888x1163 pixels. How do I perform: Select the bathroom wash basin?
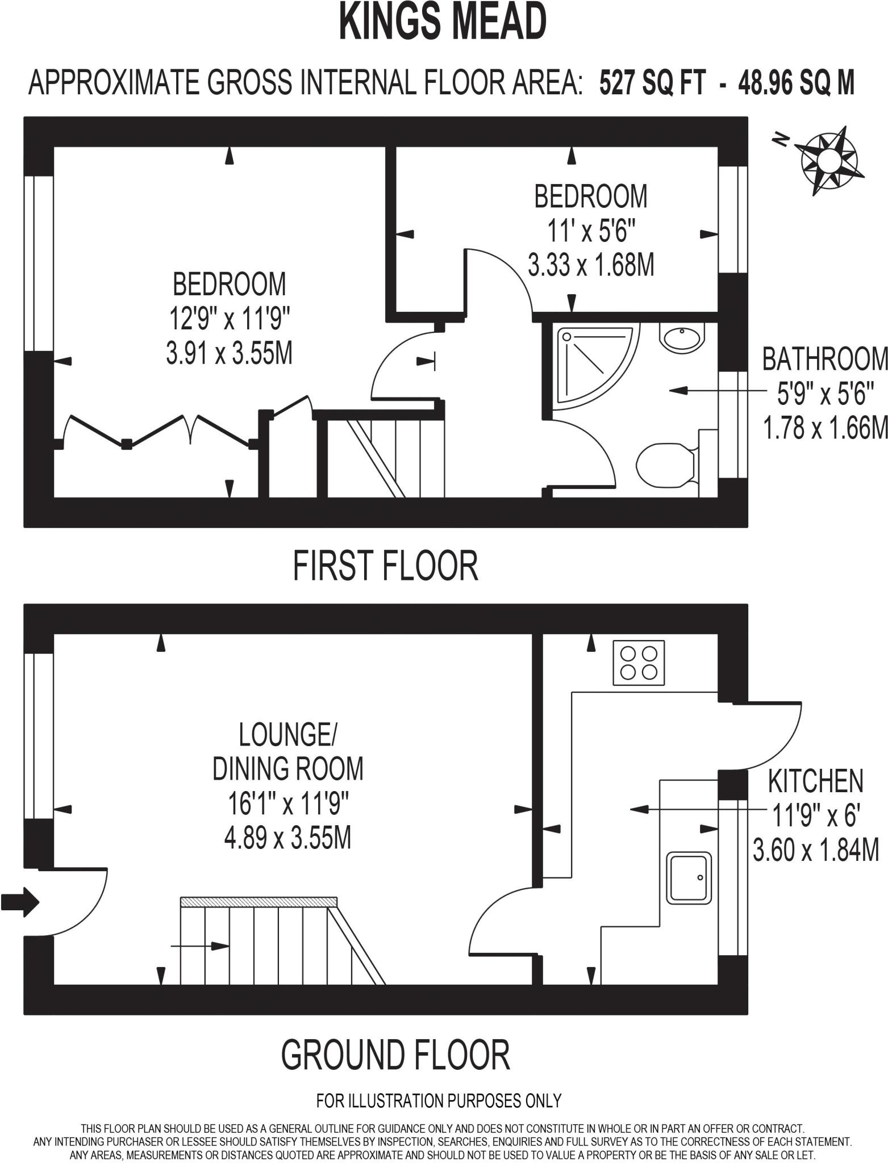point(681,338)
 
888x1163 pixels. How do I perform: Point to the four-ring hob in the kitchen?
point(639,663)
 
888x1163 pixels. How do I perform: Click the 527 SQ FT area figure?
point(653,83)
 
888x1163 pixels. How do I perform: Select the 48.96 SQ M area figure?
point(796,83)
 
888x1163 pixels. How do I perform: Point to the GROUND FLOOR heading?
point(395,1055)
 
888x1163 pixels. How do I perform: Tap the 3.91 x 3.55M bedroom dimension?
point(229,354)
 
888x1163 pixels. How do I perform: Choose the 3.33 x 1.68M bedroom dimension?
point(591,265)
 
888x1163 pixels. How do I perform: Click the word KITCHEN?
point(815,781)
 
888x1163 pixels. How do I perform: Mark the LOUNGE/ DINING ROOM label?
point(287,751)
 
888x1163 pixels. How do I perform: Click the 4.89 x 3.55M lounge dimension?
point(287,838)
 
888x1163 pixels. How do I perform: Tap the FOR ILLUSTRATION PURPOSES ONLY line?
point(439,1101)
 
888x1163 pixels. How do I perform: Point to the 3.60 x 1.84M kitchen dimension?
point(816,851)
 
